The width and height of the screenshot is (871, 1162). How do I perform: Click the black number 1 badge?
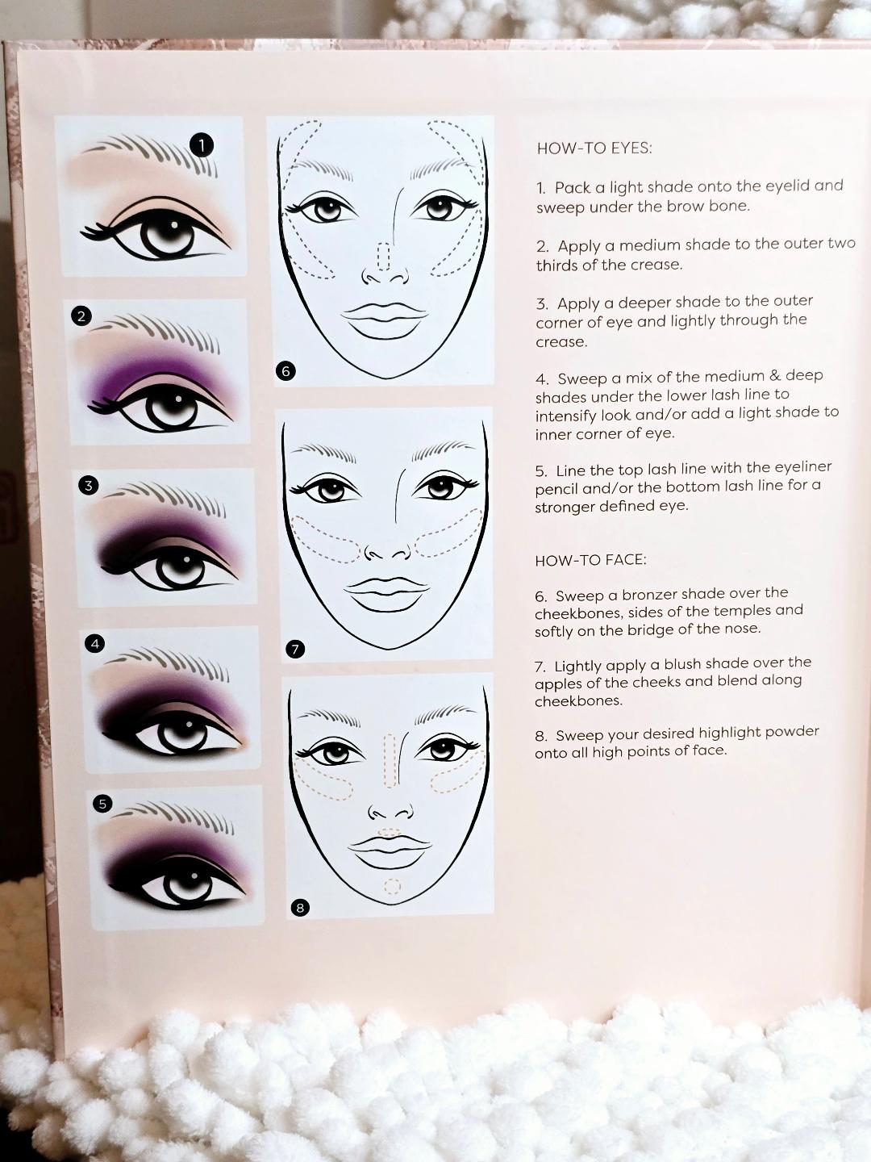pyautogui.click(x=201, y=144)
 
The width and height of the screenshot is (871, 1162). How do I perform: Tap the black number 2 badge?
pyautogui.click(x=81, y=316)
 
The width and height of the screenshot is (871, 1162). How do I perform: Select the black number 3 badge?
pyautogui.click(x=89, y=485)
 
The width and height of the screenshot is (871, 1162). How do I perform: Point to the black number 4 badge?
pyautogui.click(x=95, y=643)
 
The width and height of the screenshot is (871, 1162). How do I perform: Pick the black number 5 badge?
pyautogui.click(x=102, y=803)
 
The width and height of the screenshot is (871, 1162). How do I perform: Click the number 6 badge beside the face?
pyautogui.click(x=285, y=370)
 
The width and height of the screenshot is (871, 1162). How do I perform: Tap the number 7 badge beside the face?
pyautogui.click(x=295, y=649)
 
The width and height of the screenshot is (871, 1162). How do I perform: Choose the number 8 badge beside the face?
pyautogui.click(x=300, y=908)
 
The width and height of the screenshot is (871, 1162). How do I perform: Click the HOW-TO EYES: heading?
pyautogui.click(x=594, y=148)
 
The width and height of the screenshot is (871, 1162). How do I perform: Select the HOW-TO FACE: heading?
pyautogui.click(x=590, y=560)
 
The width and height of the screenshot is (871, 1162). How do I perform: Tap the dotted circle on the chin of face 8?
pyautogui.click(x=392, y=887)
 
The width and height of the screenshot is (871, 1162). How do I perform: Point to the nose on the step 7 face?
pyautogui.click(x=387, y=553)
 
